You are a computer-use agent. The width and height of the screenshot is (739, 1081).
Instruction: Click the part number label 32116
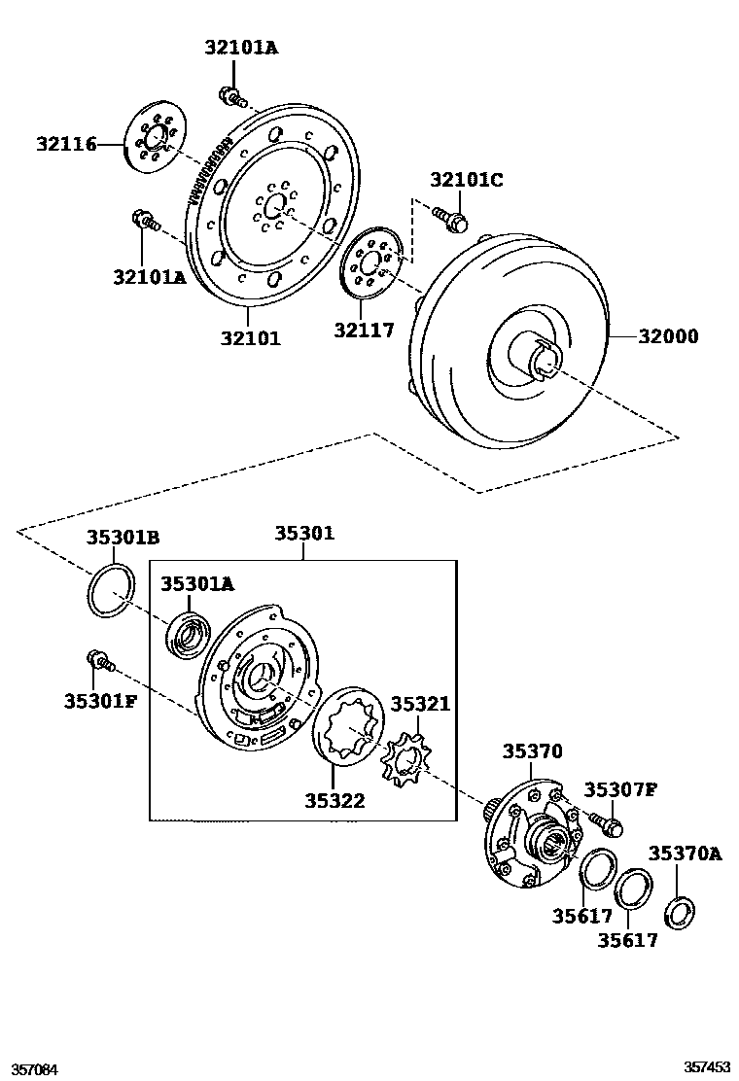[66, 145]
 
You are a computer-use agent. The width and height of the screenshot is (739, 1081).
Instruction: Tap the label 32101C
[467, 180]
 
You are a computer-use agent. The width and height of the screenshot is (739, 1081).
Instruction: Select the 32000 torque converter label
[668, 337]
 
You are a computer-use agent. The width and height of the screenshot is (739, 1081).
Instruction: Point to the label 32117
[364, 331]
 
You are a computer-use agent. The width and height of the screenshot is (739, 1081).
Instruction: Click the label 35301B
[123, 537]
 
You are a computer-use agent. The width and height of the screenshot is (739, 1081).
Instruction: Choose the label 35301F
[100, 701]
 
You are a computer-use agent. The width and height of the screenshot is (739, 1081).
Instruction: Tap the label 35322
[334, 801]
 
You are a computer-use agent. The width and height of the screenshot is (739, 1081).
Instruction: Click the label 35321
[421, 703]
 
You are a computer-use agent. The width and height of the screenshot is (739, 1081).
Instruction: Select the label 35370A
[686, 854]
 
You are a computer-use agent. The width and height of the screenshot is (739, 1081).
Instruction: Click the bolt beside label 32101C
[449, 218]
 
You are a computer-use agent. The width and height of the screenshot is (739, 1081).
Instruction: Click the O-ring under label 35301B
[109, 591]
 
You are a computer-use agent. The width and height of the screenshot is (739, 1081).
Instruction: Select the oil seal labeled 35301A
[187, 633]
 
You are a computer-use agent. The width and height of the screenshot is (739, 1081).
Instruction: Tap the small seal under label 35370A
[680, 914]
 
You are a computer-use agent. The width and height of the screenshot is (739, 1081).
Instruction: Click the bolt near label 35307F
[609, 824]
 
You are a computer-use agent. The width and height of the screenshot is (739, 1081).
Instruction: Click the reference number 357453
[707, 1066]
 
